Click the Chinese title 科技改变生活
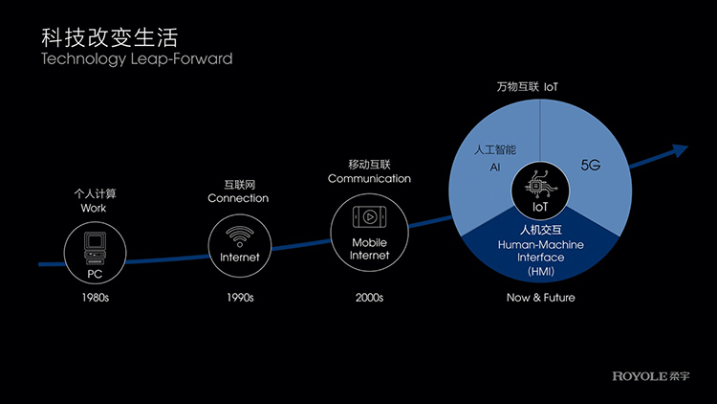[x=109, y=37]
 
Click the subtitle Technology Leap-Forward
[x=137, y=58]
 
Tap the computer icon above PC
[x=95, y=248]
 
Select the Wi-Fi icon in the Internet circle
[x=240, y=236]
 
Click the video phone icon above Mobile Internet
[x=369, y=217]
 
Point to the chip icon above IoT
[x=540, y=185]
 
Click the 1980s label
[x=95, y=298]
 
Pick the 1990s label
[x=240, y=298]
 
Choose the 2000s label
[x=369, y=298]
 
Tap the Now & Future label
[x=540, y=298]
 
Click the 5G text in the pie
[x=591, y=165]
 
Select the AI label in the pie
[x=495, y=168]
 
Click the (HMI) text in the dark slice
[x=541, y=272]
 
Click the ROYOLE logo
[x=651, y=376]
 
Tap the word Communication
[x=369, y=179]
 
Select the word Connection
[x=238, y=198]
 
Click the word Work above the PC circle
[x=94, y=209]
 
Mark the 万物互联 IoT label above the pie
[x=527, y=87]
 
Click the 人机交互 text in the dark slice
[x=541, y=230]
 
